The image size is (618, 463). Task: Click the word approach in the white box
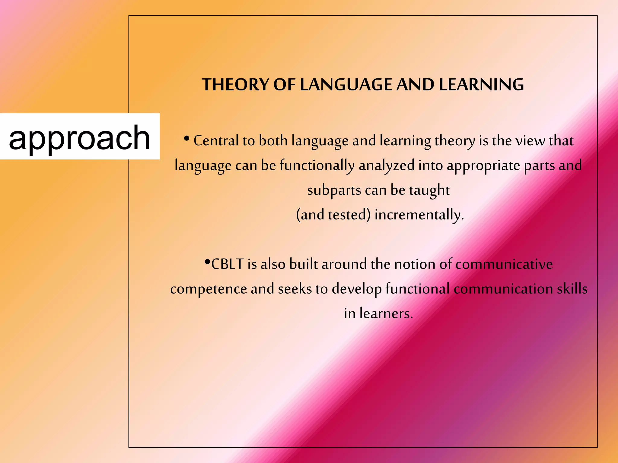pyautogui.click(x=79, y=138)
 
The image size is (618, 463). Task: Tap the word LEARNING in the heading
pyautogui.click(x=481, y=84)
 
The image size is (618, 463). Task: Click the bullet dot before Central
pyautogui.click(x=186, y=139)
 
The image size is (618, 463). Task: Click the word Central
pyautogui.click(x=216, y=141)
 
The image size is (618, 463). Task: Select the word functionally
pyautogui.click(x=317, y=166)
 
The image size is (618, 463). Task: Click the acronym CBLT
pyautogui.click(x=228, y=264)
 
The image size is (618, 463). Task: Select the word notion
pyautogui.click(x=415, y=264)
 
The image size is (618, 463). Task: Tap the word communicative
pyautogui.click(x=504, y=264)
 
